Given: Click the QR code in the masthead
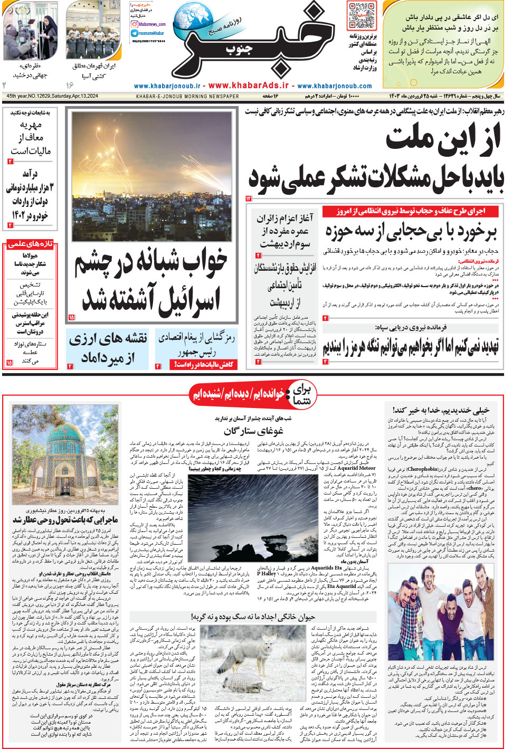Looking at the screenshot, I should click(362, 16).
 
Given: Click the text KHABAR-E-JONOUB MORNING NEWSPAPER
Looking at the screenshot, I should click(187, 97).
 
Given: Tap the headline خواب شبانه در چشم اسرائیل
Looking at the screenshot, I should click(151, 280).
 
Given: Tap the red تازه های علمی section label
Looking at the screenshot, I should click(30, 244).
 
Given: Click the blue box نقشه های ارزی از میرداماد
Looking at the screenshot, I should click(108, 348).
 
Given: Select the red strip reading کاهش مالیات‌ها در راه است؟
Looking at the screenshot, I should click(203, 365).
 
